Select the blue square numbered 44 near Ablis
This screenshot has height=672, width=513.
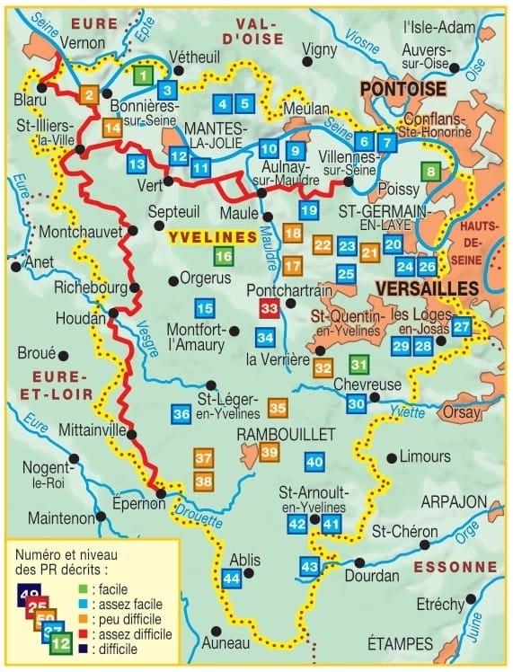pyautogui.click(x=232, y=579)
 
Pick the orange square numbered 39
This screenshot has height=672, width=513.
pyautogui.click(x=269, y=453)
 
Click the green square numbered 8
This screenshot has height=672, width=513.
pyautogui.click(x=432, y=172)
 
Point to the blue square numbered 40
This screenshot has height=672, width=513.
pyautogui.click(x=314, y=463)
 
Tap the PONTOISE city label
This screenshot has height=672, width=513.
pyautogui.click(x=402, y=89)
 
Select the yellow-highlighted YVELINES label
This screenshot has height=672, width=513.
pyautogui.click(x=212, y=236)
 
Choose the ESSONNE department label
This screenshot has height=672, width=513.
pyautogui.click(x=459, y=567)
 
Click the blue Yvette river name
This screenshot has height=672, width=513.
pyautogui.click(x=405, y=411)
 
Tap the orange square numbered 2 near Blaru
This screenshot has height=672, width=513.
pyautogui.click(x=89, y=95)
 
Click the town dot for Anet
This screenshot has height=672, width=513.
pyautogui.click(x=15, y=266)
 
